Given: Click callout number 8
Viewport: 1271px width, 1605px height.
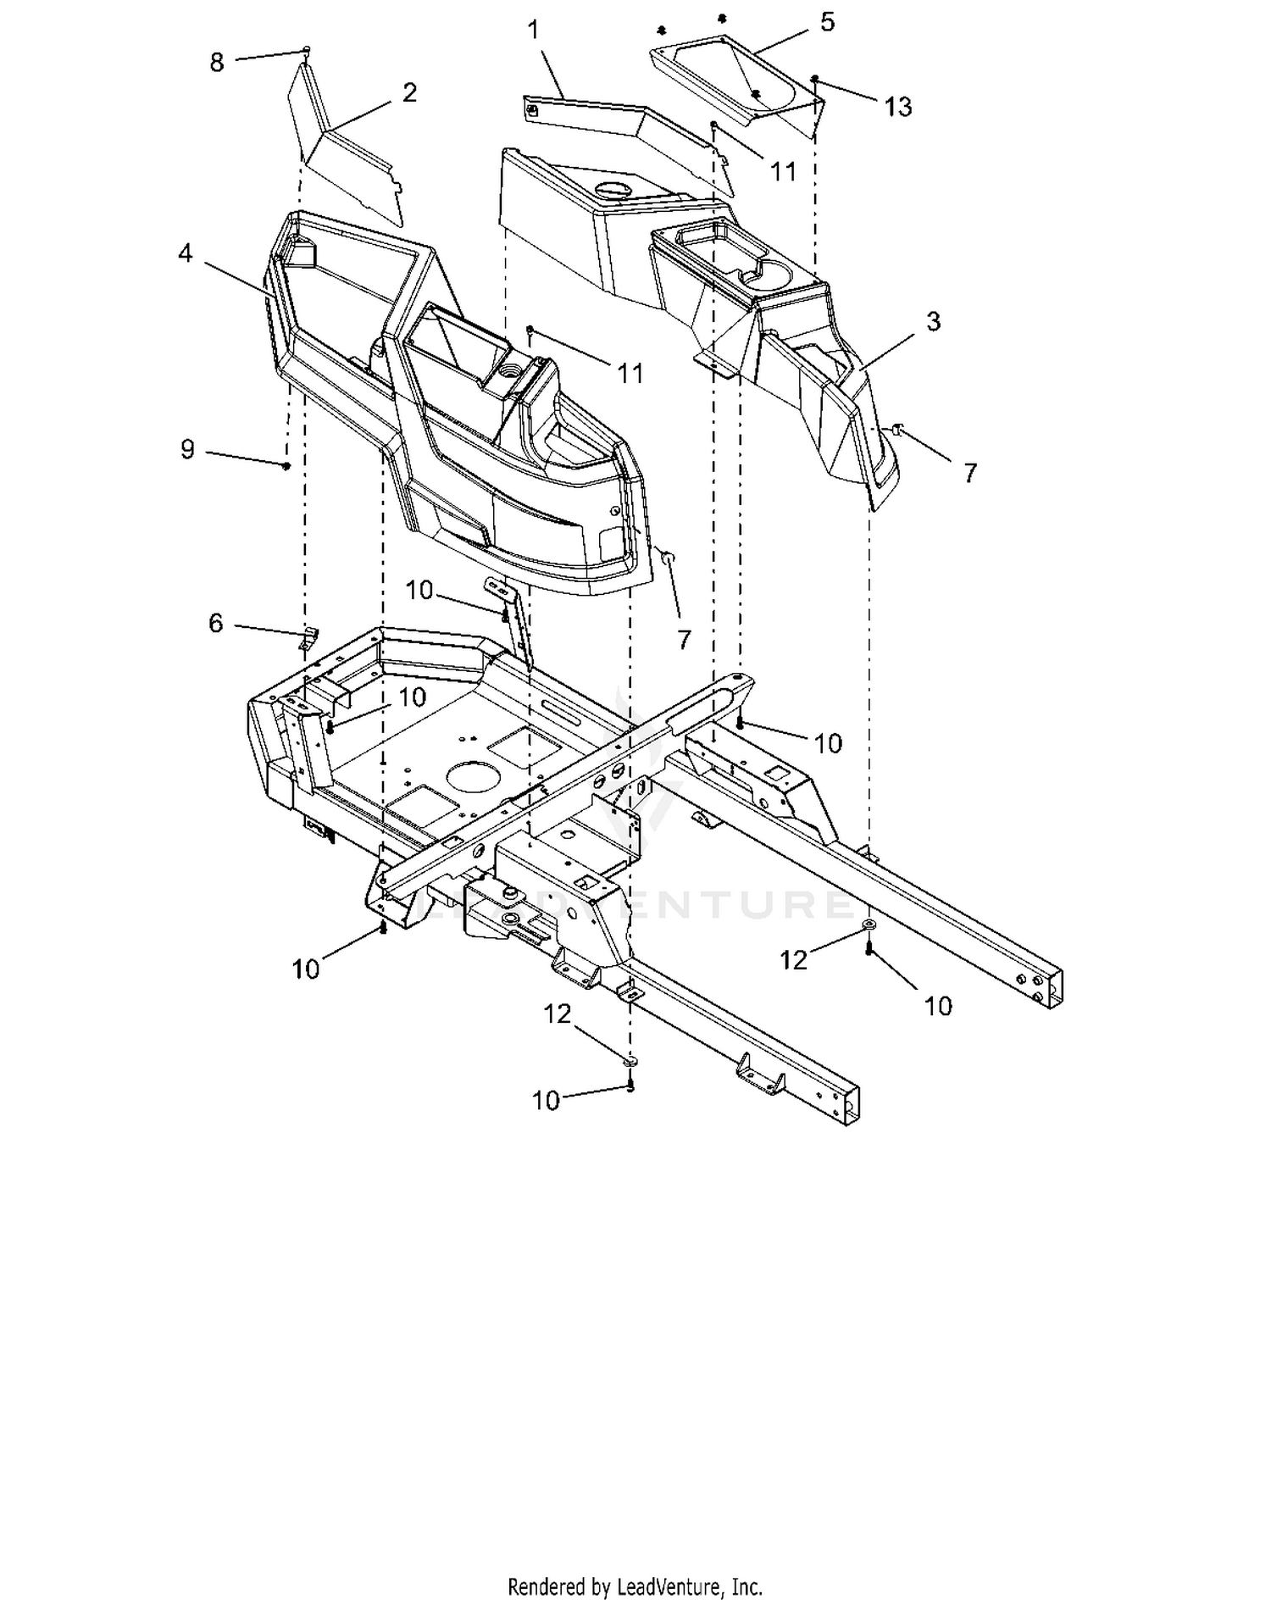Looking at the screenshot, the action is [217, 62].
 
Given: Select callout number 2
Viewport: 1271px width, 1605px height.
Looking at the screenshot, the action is [409, 92].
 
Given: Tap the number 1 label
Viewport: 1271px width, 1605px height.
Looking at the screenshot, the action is [533, 31].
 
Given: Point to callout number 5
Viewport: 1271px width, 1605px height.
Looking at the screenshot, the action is [827, 22].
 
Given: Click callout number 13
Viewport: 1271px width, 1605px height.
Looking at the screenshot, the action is [897, 107].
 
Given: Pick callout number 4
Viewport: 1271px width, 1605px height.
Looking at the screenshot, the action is [186, 253].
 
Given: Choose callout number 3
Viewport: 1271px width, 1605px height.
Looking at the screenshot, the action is [933, 321].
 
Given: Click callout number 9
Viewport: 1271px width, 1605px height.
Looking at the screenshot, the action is [187, 449].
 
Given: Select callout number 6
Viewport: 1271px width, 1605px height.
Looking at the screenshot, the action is [215, 623].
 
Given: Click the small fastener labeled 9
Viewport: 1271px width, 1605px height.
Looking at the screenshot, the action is [287, 465].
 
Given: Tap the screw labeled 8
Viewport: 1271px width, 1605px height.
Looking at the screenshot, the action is [307, 50].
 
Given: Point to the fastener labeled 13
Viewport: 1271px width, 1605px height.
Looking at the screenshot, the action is [814, 79].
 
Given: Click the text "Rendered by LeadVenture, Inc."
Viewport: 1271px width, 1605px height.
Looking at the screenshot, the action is [635, 1586].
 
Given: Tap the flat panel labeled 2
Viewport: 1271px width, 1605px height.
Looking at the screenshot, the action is [349, 144].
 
